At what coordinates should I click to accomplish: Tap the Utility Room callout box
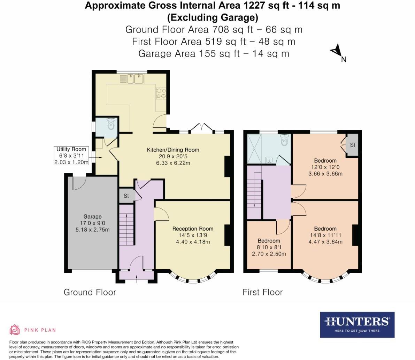pyautogui.click(x=71, y=156)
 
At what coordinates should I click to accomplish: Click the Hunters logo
pyautogui.click(x=357, y=324)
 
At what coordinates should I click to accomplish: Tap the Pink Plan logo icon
pyautogui.click(x=15, y=330)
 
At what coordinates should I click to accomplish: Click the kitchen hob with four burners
pyautogui.click(x=161, y=92)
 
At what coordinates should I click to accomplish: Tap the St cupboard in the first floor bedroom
pyautogui.click(x=352, y=145)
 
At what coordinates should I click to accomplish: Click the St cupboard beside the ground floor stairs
pyautogui.click(x=126, y=196)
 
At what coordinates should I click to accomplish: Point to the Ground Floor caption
pyautogui.click(x=90, y=292)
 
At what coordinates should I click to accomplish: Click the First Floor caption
pyautogui.click(x=262, y=292)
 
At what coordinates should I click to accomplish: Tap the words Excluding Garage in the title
pyautogui.click(x=213, y=17)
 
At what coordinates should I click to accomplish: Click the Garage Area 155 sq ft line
pyautogui.click(x=214, y=53)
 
